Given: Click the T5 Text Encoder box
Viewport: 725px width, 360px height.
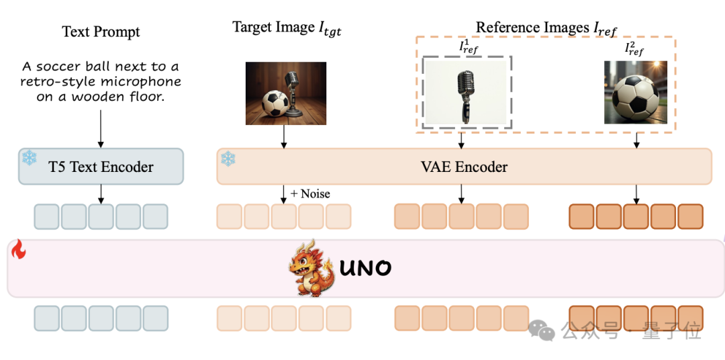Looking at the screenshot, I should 101,167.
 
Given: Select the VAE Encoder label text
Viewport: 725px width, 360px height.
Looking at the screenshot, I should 464,167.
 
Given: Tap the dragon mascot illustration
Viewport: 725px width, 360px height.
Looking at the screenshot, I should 311,268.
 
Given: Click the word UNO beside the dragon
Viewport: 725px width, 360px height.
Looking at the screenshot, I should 365,269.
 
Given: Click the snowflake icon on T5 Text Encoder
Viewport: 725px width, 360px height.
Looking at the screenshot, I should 29,158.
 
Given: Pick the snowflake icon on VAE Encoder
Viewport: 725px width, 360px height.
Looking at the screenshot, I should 228,159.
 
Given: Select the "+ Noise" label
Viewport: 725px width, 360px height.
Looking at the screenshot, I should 310,193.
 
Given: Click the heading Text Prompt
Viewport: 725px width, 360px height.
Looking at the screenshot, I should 101,32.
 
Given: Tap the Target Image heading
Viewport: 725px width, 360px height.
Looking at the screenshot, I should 287,28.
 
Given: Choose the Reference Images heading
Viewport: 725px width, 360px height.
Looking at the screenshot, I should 546,28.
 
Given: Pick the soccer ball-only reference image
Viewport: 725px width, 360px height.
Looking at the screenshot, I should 636,92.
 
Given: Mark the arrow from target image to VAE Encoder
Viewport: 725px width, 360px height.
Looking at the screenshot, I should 284,136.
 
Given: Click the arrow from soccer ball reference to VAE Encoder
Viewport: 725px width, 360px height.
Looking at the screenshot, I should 636,140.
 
